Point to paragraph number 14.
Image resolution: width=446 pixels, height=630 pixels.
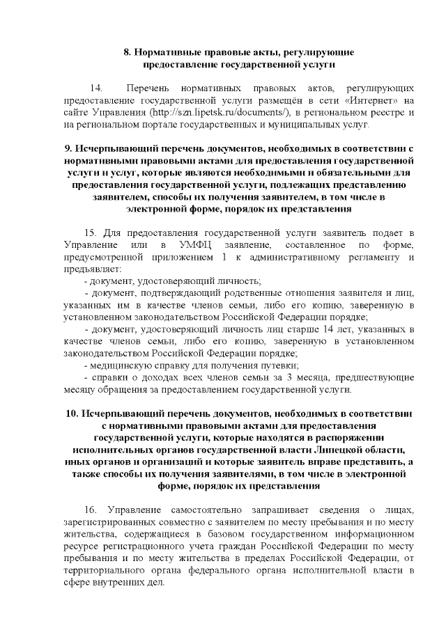click(x=97, y=89)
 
